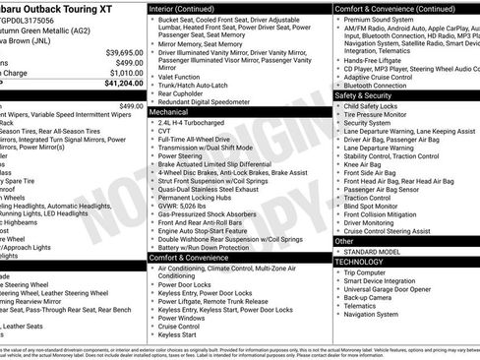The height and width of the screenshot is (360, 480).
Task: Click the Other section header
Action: point(344,240)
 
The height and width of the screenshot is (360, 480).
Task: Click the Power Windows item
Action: point(181,318)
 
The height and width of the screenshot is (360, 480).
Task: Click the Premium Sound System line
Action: point(381,18)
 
